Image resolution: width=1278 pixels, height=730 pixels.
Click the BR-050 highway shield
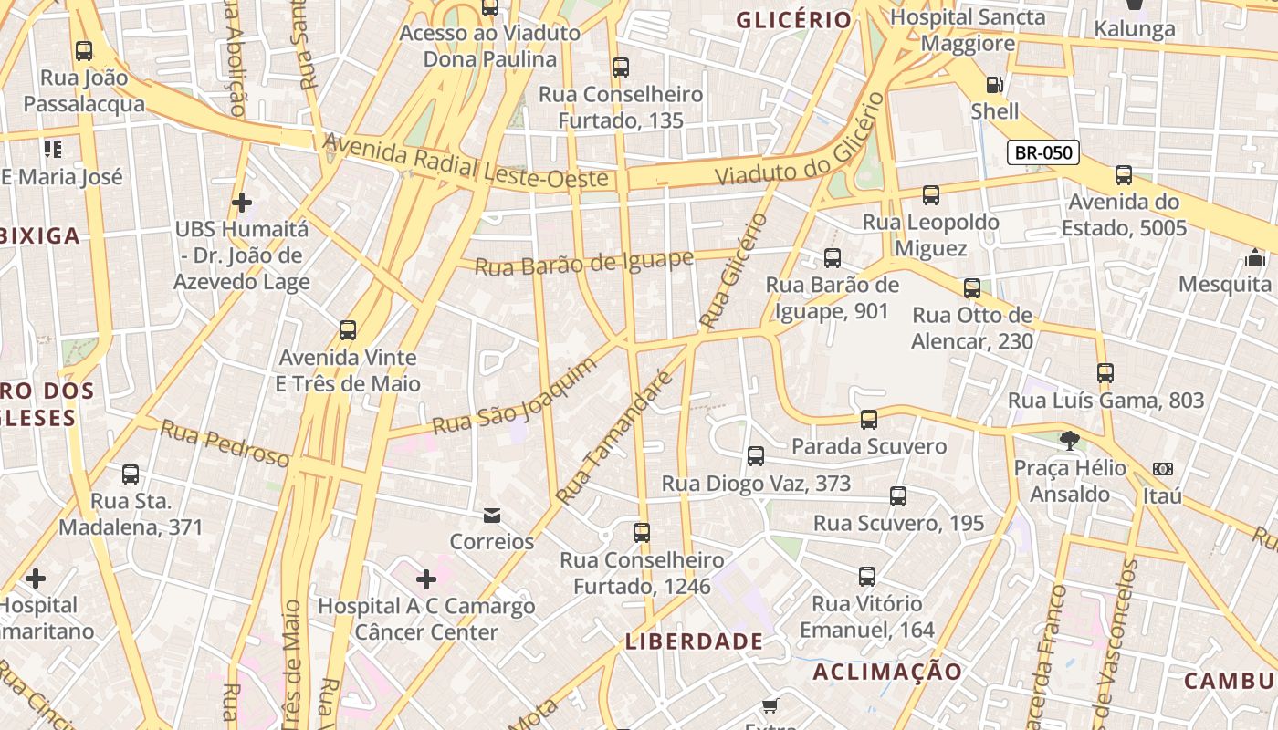click(x=1042, y=152)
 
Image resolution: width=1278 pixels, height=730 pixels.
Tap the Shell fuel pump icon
click(x=994, y=85)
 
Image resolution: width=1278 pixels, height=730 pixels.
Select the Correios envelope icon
click(x=492, y=516)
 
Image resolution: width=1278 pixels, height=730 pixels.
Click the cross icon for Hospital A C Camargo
click(x=425, y=579)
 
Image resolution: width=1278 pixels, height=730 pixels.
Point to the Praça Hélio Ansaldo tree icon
click(x=1068, y=442)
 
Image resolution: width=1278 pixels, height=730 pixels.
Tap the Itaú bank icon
click(x=1162, y=469)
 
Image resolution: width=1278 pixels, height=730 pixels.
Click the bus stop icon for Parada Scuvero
click(x=868, y=420)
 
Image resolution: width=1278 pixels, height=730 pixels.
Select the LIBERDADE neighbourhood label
click(x=694, y=641)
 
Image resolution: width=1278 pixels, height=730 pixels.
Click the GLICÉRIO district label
click(x=793, y=19)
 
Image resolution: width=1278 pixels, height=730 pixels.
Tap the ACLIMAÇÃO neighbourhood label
click(x=887, y=673)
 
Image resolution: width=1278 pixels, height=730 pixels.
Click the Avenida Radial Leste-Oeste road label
click(x=466, y=164)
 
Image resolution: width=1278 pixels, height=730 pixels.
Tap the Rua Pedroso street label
click(x=225, y=443)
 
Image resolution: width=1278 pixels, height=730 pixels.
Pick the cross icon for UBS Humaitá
click(x=242, y=202)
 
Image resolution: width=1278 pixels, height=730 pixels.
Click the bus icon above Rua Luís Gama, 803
click(x=1105, y=372)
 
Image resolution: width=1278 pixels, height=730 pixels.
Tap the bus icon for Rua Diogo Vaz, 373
click(x=755, y=456)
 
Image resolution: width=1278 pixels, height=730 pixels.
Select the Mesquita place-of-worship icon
click(x=1255, y=257)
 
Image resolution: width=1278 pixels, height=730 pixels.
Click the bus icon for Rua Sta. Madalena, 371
click(x=131, y=474)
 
